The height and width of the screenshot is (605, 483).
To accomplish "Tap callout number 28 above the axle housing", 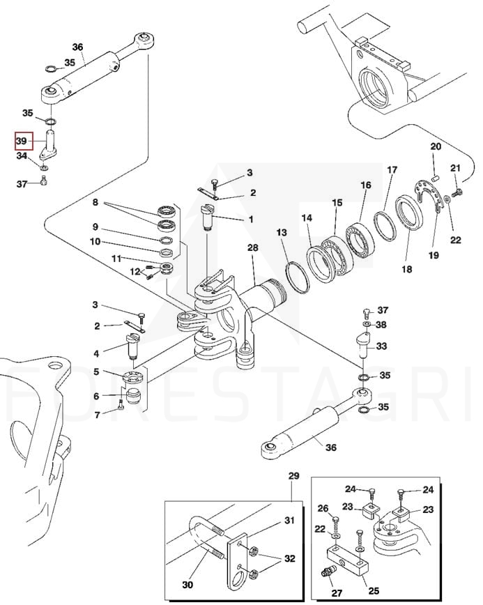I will (x=252, y=248).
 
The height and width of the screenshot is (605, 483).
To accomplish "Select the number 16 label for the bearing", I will (x=365, y=185).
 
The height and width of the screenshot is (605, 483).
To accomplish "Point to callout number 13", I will (x=281, y=231).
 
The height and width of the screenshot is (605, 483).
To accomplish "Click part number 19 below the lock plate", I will (x=434, y=256).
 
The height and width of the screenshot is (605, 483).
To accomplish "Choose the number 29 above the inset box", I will (x=293, y=476).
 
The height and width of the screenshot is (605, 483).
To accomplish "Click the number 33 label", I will (x=381, y=346).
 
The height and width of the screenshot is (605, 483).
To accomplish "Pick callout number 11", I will (x=117, y=259).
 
